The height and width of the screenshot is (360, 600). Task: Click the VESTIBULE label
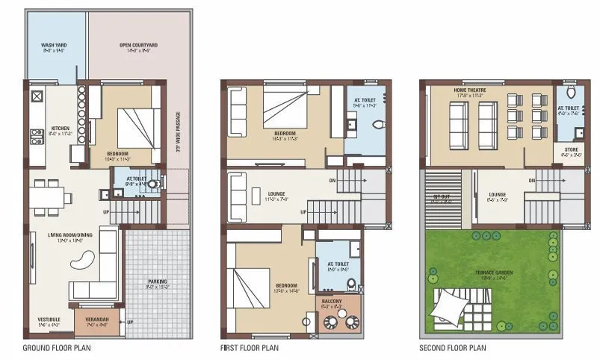tap(49, 320)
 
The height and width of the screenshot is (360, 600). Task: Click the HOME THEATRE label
tap(470, 92)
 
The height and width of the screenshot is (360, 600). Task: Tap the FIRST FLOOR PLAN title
tap(250, 348)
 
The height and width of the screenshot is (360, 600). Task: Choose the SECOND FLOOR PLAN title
tap(452, 348)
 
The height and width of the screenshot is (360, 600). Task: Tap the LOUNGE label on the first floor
tap(276, 195)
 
